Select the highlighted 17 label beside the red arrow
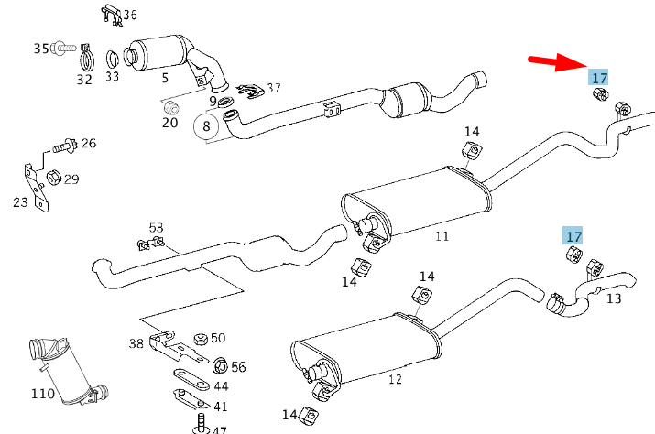click(x=599, y=78)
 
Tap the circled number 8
click(x=206, y=126)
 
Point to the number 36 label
click(x=129, y=15)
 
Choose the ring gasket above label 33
click(x=111, y=59)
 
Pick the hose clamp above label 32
click(x=85, y=60)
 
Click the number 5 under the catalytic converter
click(x=165, y=78)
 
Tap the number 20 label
click(x=170, y=123)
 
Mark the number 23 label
click(x=20, y=202)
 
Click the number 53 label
click(x=156, y=227)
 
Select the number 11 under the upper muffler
click(x=442, y=236)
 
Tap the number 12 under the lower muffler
click(x=395, y=379)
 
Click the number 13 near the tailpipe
click(x=613, y=298)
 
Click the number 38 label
click(x=136, y=343)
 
